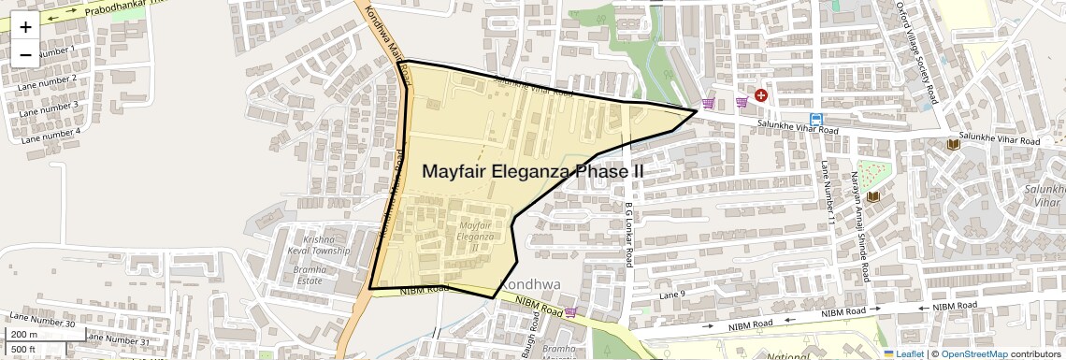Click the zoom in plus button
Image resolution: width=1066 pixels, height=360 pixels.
[25, 26]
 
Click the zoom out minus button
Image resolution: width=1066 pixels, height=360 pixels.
[25, 54]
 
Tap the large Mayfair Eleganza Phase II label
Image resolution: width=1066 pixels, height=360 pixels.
[532, 172]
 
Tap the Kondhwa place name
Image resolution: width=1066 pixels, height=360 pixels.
[529, 284]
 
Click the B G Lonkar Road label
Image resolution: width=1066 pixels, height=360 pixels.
[630, 232]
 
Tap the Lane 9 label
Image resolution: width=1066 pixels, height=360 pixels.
[672, 295]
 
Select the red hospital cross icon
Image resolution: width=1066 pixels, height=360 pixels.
[761, 95]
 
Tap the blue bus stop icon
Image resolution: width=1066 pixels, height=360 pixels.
[816, 120]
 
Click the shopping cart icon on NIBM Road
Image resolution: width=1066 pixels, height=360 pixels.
[570, 311]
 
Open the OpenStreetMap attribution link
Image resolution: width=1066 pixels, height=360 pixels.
[973, 353]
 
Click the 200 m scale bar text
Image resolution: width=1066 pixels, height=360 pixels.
[24, 335]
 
